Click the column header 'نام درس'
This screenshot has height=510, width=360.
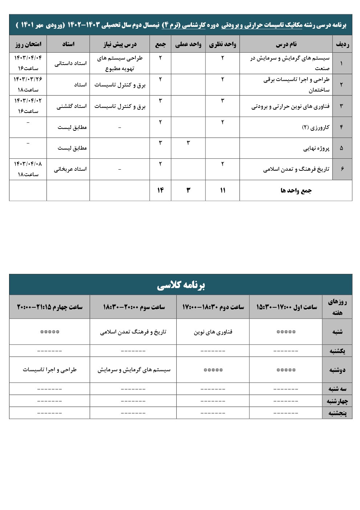coord(286,44)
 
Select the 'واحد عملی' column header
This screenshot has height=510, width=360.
coord(188,44)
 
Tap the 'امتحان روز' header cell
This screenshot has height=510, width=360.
coord(28,44)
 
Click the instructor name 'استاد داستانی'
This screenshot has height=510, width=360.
coord(71,64)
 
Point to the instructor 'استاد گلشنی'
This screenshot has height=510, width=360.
coord(71,106)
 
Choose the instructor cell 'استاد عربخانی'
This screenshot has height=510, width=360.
coord(70,169)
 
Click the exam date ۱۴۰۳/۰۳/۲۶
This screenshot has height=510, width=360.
coord(28,80)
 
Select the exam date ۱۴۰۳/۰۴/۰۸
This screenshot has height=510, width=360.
coord(28,164)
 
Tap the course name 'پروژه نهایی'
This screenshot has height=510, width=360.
coord(316,149)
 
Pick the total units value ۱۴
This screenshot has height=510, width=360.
coord(160,190)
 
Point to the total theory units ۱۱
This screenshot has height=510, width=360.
coord(222,190)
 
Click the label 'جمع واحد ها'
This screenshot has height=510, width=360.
coord(296,191)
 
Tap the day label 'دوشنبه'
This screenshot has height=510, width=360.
coord(337,370)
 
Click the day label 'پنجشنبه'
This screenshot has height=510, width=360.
coord(337,413)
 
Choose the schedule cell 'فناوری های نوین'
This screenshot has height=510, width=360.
coord(213,332)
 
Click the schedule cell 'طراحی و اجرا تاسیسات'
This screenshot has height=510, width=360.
coord(50,370)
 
